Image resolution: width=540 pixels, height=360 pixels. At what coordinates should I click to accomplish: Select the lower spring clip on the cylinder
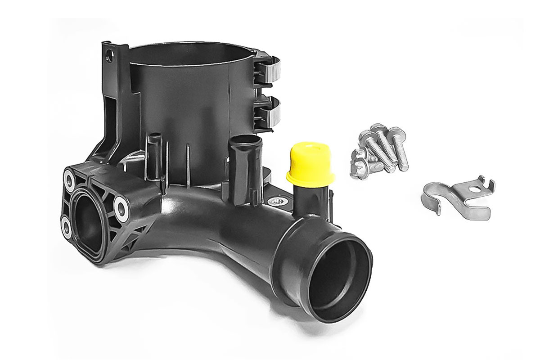click(x=269, y=108)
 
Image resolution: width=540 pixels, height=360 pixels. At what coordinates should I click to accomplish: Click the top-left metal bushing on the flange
click(x=69, y=179)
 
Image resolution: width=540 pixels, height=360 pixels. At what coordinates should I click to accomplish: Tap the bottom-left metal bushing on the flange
click(x=67, y=228)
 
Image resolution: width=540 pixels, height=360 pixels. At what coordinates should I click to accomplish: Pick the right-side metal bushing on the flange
click(x=121, y=207)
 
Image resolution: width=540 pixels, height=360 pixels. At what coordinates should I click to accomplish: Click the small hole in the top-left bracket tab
click(x=108, y=57)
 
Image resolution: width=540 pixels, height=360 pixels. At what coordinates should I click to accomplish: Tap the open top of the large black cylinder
click(x=189, y=54)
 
